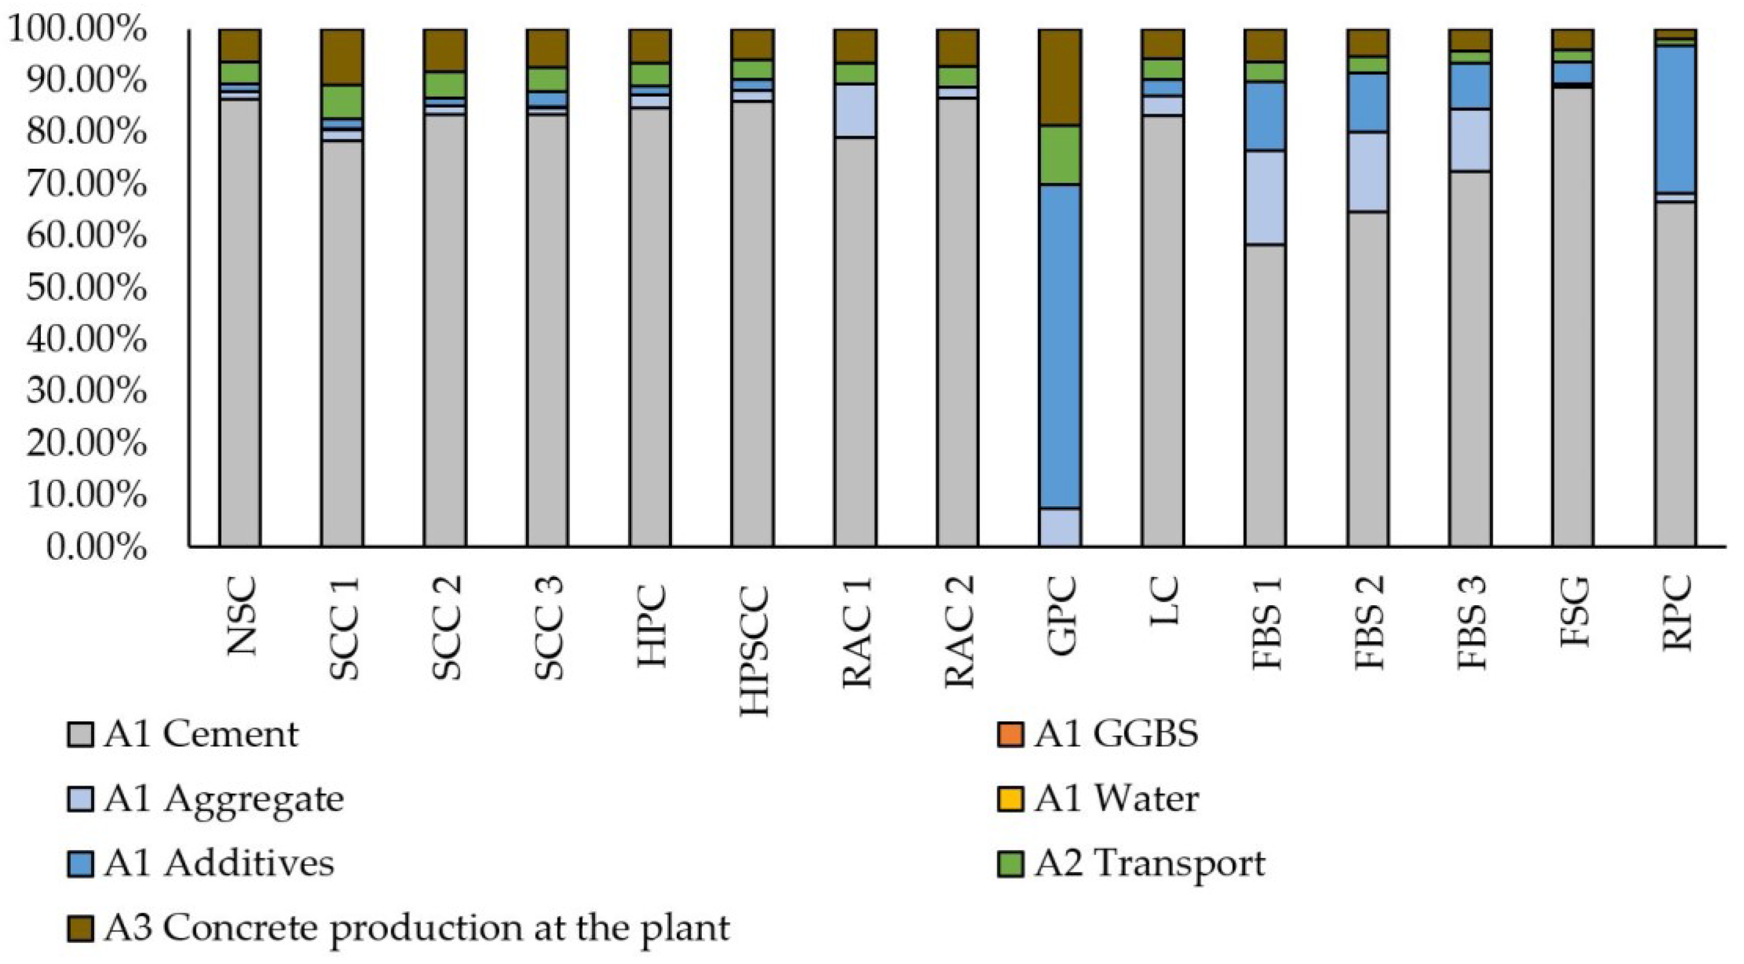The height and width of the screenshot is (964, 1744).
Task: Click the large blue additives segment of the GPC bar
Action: click(1059, 345)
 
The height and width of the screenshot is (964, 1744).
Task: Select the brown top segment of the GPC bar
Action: click(1059, 77)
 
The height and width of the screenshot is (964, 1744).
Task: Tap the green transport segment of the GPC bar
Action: click(1059, 155)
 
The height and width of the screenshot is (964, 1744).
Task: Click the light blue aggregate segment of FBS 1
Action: click(1264, 197)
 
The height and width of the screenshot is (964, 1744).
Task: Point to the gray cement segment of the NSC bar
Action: click(240, 322)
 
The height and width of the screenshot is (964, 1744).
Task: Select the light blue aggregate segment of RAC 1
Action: click(854, 110)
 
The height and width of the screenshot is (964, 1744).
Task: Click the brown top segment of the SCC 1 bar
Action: click(342, 57)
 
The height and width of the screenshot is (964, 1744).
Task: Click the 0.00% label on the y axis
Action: click(96, 547)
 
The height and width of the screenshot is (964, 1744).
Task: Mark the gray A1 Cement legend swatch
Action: click(80, 734)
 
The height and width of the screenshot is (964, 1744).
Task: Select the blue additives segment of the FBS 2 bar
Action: click(1367, 102)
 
